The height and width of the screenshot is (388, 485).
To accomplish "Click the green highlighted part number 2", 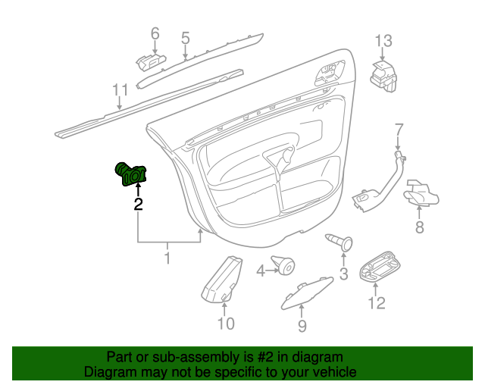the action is coord(130,174).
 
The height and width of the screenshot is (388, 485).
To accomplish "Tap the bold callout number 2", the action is coord(138,204).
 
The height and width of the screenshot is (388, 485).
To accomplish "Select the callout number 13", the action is coord(383,41).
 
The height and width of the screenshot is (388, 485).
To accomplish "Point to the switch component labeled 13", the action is coord(383,77).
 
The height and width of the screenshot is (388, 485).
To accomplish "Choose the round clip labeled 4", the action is coord(283,265).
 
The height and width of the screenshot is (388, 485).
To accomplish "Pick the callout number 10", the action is coord(226,324).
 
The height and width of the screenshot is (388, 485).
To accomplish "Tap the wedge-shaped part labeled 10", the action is coord(221,278).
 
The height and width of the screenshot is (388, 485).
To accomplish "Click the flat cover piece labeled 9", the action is coord(307,293).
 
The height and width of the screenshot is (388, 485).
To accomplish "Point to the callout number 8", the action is coord(419,227).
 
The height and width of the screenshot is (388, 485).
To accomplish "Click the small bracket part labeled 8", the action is coord(421,193).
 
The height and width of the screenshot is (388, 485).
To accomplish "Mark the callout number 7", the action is coord(399,130).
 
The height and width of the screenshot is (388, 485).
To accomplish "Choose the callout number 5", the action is coord(185,38).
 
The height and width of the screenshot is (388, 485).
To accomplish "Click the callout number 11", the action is coord(120,89).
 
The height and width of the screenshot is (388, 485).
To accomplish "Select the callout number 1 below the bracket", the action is coord(167,258).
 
